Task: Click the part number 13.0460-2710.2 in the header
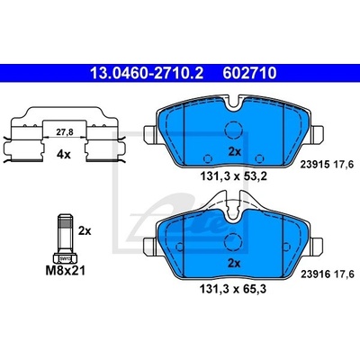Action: (147, 73)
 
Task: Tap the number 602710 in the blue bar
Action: (249, 73)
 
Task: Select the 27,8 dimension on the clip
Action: (66, 131)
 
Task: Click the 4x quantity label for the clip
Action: (63, 155)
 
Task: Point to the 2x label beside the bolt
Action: (85, 231)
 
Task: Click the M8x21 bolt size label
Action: (66, 271)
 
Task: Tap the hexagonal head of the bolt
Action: (65, 257)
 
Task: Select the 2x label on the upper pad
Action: (234, 152)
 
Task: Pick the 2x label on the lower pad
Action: (234, 264)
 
